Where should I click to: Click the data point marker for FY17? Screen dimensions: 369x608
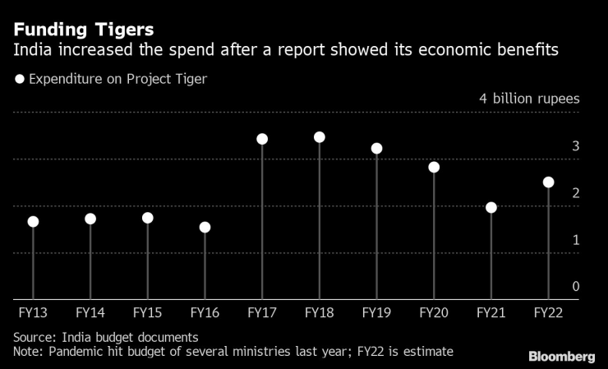click(262, 139)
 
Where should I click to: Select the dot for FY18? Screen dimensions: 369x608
click(319, 137)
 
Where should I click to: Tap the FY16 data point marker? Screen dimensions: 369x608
click(205, 227)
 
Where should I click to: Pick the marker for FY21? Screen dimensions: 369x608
click(491, 207)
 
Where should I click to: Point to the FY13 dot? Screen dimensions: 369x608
click(33, 222)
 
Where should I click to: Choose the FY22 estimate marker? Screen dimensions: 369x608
click(548, 182)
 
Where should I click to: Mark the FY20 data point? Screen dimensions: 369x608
click(434, 167)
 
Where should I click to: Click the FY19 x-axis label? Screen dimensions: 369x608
click(375, 313)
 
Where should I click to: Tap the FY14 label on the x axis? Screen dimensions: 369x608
click(90, 313)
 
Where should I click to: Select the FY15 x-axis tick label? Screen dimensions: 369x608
click(147, 313)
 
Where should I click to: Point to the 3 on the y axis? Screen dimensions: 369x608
click(576, 146)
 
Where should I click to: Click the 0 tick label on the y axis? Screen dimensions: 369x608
click(576, 287)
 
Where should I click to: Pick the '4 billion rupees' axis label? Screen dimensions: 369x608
click(529, 99)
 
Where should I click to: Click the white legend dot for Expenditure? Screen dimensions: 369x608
click(19, 80)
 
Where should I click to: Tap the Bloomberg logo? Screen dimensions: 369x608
click(561, 356)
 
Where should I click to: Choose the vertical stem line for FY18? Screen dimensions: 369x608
click(319, 222)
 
